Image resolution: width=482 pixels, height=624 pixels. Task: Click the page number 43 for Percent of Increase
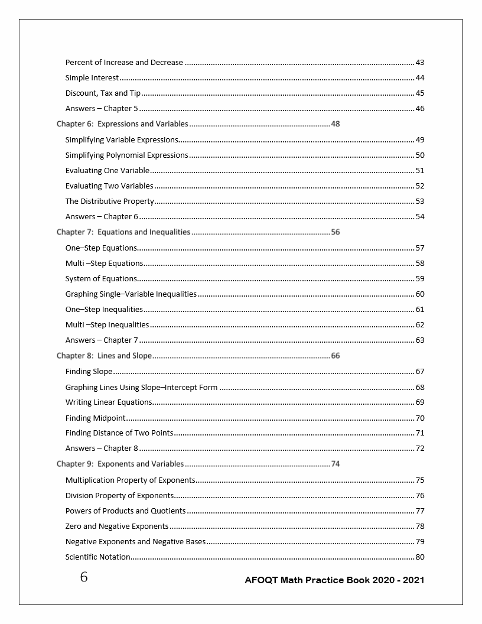(x=420, y=63)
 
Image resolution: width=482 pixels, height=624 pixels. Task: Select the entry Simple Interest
(x=92, y=78)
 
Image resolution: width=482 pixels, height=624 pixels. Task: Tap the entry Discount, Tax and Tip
(x=103, y=93)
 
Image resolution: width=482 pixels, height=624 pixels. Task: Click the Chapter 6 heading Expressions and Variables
(x=122, y=124)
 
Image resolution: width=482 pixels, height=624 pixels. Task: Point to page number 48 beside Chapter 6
(x=336, y=124)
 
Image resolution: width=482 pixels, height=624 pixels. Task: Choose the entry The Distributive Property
(x=110, y=201)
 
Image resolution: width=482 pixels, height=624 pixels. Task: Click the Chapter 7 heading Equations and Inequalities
(x=123, y=232)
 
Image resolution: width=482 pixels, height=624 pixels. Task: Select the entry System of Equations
(x=101, y=279)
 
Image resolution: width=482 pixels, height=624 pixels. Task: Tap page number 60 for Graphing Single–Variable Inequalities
(x=420, y=294)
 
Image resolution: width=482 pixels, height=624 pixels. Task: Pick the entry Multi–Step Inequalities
(x=107, y=325)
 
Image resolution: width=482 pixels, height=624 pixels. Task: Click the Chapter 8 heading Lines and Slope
(x=104, y=356)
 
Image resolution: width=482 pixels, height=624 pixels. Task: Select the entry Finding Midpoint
(x=95, y=418)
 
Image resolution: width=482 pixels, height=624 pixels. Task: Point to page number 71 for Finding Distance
(x=420, y=433)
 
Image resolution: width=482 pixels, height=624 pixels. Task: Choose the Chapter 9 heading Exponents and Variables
(x=120, y=464)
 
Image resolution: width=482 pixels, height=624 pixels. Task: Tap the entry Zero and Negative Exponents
(x=117, y=526)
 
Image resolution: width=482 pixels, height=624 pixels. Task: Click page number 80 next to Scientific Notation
(x=420, y=557)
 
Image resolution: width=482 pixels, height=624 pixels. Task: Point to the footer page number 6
(x=84, y=577)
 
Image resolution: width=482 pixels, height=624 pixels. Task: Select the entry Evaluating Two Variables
(x=109, y=186)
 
